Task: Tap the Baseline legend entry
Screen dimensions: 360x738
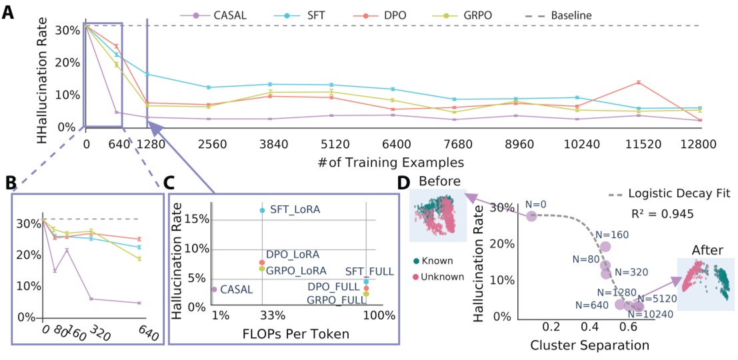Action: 524,15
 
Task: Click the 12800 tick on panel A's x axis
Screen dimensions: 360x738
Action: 698,143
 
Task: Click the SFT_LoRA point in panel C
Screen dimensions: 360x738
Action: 262,210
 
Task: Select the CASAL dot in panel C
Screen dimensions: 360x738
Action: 214,289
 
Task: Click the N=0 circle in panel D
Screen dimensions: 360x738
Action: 531,216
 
